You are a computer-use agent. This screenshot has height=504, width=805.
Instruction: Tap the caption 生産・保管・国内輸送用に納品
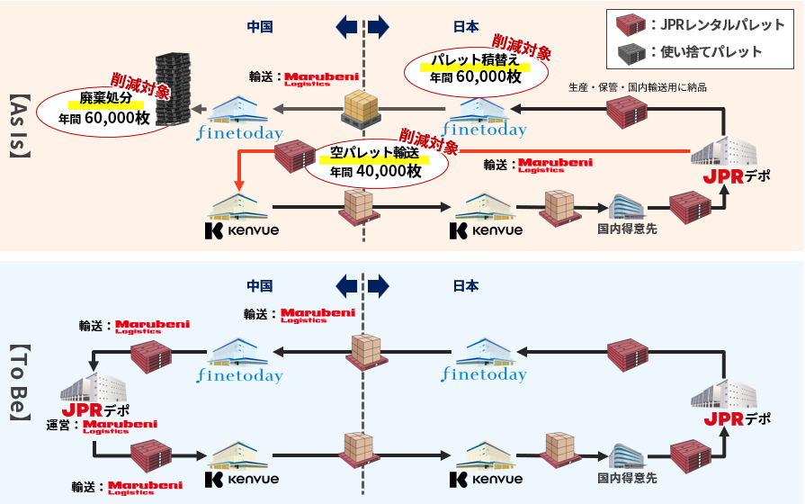tap(638, 87)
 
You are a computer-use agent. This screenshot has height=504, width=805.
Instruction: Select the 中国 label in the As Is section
tap(260, 26)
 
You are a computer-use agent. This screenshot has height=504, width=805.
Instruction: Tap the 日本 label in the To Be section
tap(465, 286)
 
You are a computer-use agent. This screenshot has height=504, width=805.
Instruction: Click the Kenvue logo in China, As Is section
tap(242, 229)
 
